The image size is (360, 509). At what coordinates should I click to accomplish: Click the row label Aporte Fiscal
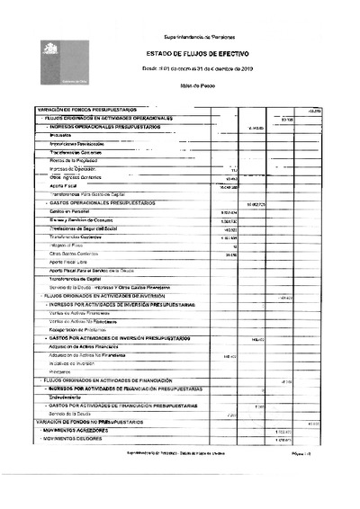click(x=66, y=187)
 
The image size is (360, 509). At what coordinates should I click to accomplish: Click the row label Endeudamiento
click(x=69, y=397)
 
